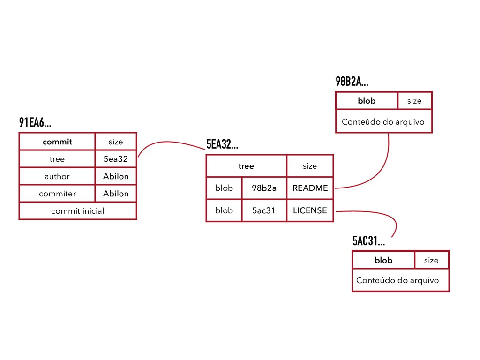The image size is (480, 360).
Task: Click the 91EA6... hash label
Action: coord(35,123)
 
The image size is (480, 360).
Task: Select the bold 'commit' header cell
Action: coord(57,142)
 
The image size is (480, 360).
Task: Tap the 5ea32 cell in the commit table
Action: coord(115,159)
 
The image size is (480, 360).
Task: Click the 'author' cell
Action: coord(57,176)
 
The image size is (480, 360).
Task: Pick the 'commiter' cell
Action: coord(57,194)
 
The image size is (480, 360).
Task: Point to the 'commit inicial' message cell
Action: coord(78,211)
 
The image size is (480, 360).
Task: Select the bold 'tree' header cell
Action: coord(246,166)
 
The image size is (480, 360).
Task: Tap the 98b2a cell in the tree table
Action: coord(264,188)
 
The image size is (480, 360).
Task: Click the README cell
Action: coord(310,188)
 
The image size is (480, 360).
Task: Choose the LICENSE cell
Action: coord(310,210)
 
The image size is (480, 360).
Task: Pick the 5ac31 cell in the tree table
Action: coord(264,210)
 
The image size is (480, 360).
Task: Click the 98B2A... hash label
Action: coord(352,82)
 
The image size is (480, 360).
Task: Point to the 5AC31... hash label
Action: coord(368,241)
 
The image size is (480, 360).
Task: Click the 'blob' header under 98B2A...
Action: coord(367,101)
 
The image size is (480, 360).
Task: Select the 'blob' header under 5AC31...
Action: coord(383,260)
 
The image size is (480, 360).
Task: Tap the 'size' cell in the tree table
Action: coord(310,166)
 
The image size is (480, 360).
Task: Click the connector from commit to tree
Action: coord(169,142)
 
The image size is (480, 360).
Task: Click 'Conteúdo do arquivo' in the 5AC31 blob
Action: coord(397,280)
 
